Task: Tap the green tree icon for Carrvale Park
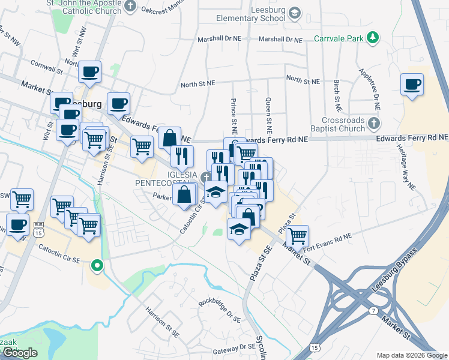click(373, 38)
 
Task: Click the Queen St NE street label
click(268, 115)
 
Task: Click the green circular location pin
click(97, 265)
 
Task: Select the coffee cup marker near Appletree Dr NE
click(412, 85)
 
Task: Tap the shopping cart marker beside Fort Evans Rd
click(297, 235)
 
